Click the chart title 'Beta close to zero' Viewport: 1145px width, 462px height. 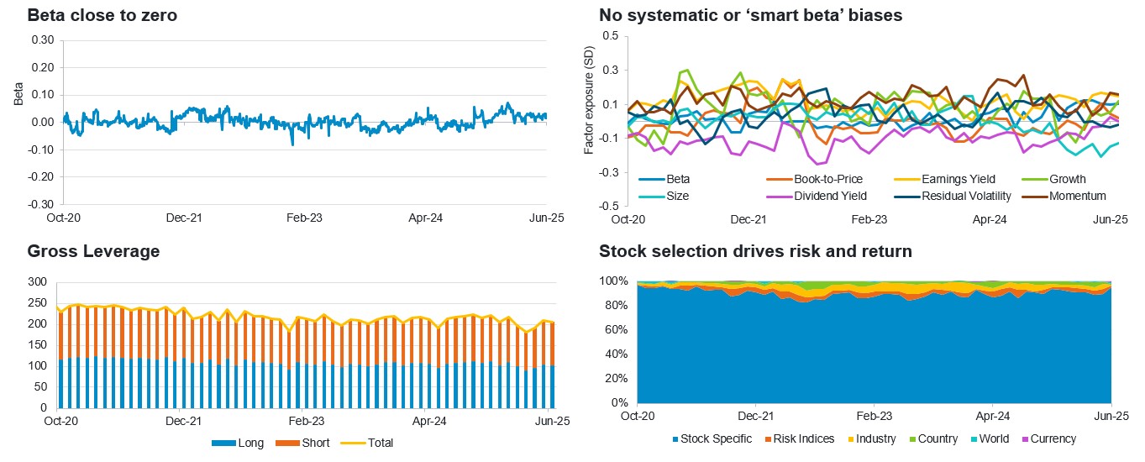(102, 15)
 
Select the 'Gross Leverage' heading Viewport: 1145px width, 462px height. (92, 251)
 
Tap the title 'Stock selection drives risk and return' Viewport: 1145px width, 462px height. (755, 251)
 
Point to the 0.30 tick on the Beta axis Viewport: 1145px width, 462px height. (42, 39)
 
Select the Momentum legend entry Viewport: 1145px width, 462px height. (1082, 196)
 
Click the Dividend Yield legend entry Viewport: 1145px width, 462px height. (830, 196)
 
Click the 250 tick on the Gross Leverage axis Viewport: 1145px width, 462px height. (37, 302)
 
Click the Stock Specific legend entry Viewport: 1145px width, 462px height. (715, 438)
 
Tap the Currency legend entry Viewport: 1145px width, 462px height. (1053, 438)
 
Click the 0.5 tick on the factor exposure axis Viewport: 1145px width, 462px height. (610, 36)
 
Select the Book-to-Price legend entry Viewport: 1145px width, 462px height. (827, 179)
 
